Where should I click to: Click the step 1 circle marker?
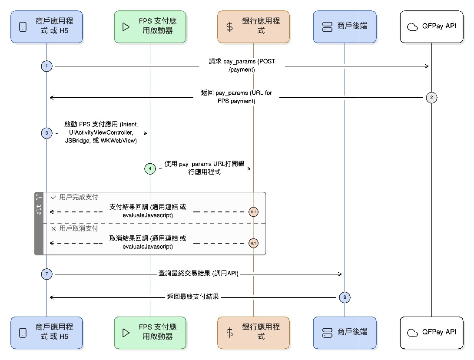[46, 66]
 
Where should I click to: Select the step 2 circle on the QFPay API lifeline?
[431, 98]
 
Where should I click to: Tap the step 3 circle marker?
[46, 133]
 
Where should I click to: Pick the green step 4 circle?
[150, 168]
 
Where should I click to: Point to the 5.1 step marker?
[253, 212]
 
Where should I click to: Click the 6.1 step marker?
[253, 244]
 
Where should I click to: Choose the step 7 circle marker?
[46, 274]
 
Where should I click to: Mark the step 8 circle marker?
[345, 297]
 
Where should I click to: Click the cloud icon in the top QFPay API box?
[412, 27]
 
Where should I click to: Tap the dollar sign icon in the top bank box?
[229, 27]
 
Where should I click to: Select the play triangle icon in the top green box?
[126, 27]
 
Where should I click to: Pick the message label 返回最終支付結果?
[192, 297]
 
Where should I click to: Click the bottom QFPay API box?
[431, 333]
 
